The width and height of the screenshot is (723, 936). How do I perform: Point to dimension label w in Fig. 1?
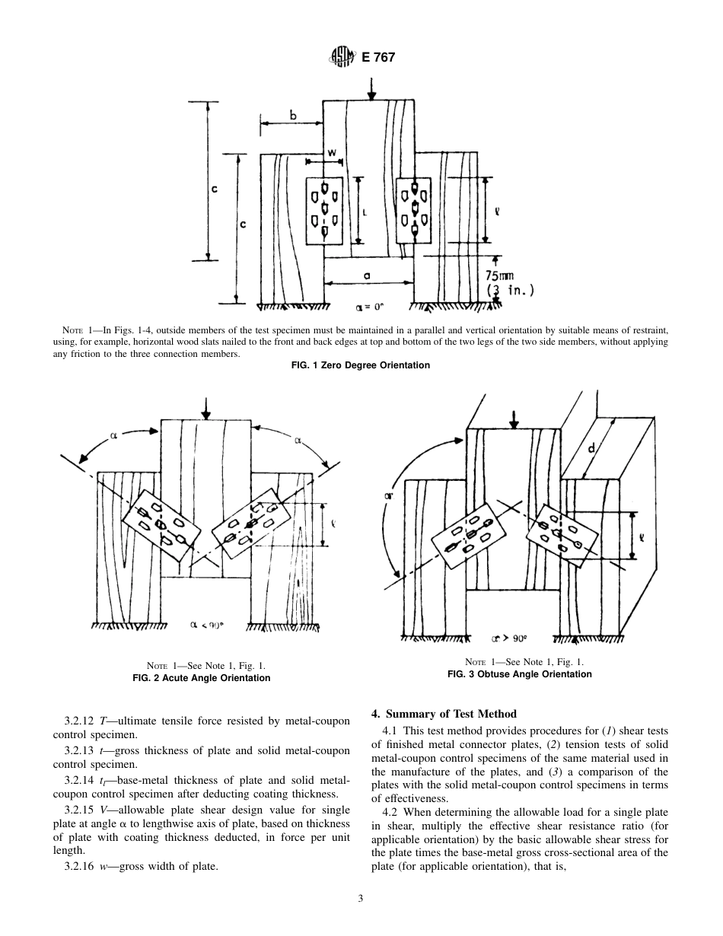coord(332,152)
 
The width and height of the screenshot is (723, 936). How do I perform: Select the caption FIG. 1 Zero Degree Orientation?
coord(361,365)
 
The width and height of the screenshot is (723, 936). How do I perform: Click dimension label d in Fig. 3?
coord(591,450)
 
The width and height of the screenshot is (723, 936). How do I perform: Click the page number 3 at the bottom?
coord(361,899)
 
